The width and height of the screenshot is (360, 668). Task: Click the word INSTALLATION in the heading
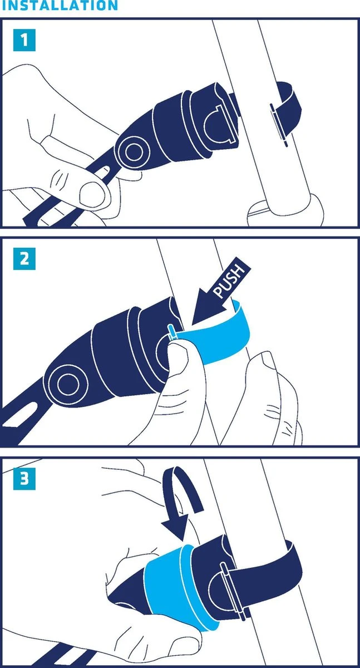pyautogui.click(x=60, y=5)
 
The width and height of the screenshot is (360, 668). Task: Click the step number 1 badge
pyautogui.click(x=24, y=40)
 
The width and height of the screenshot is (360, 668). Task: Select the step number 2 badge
pyautogui.click(x=24, y=258)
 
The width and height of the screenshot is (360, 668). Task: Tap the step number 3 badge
pyautogui.click(x=24, y=479)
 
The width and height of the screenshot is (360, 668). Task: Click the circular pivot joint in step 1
pyautogui.click(x=133, y=153)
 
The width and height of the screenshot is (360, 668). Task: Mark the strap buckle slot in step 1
pyautogui.click(x=279, y=125)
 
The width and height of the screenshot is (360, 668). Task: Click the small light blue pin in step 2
pyautogui.click(x=172, y=332)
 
